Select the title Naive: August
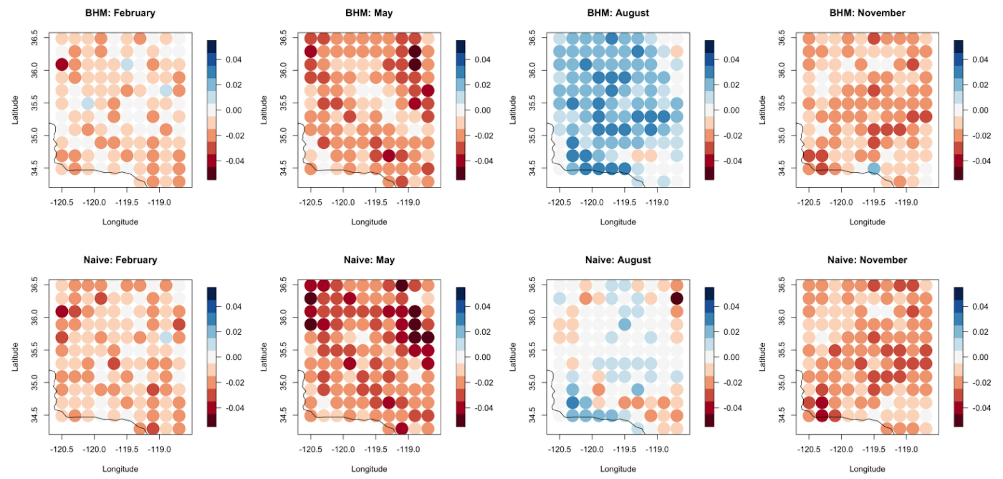(618, 260)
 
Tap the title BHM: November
(867, 13)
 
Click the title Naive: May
(369, 260)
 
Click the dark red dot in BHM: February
(62, 64)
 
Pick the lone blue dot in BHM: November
(874, 169)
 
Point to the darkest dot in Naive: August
(677, 299)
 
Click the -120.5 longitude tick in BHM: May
(310, 202)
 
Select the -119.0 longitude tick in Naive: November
(906, 449)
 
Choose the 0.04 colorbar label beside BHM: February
(234, 60)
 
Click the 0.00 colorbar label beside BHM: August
(731, 110)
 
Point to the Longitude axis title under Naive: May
(369, 469)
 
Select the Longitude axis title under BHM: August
(618, 222)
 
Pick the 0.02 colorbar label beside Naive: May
(482, 332)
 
